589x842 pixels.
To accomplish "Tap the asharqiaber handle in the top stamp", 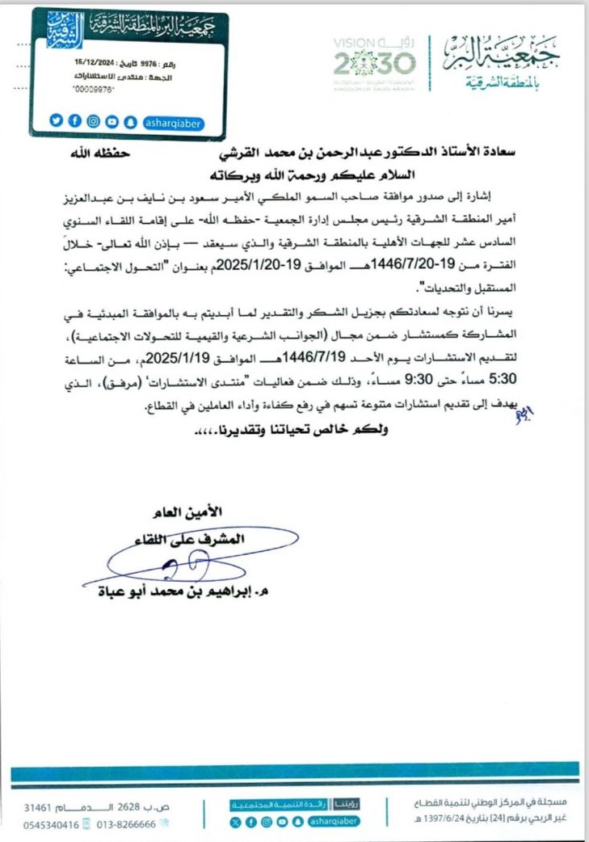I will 173,122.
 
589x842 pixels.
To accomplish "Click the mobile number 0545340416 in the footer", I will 52,825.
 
